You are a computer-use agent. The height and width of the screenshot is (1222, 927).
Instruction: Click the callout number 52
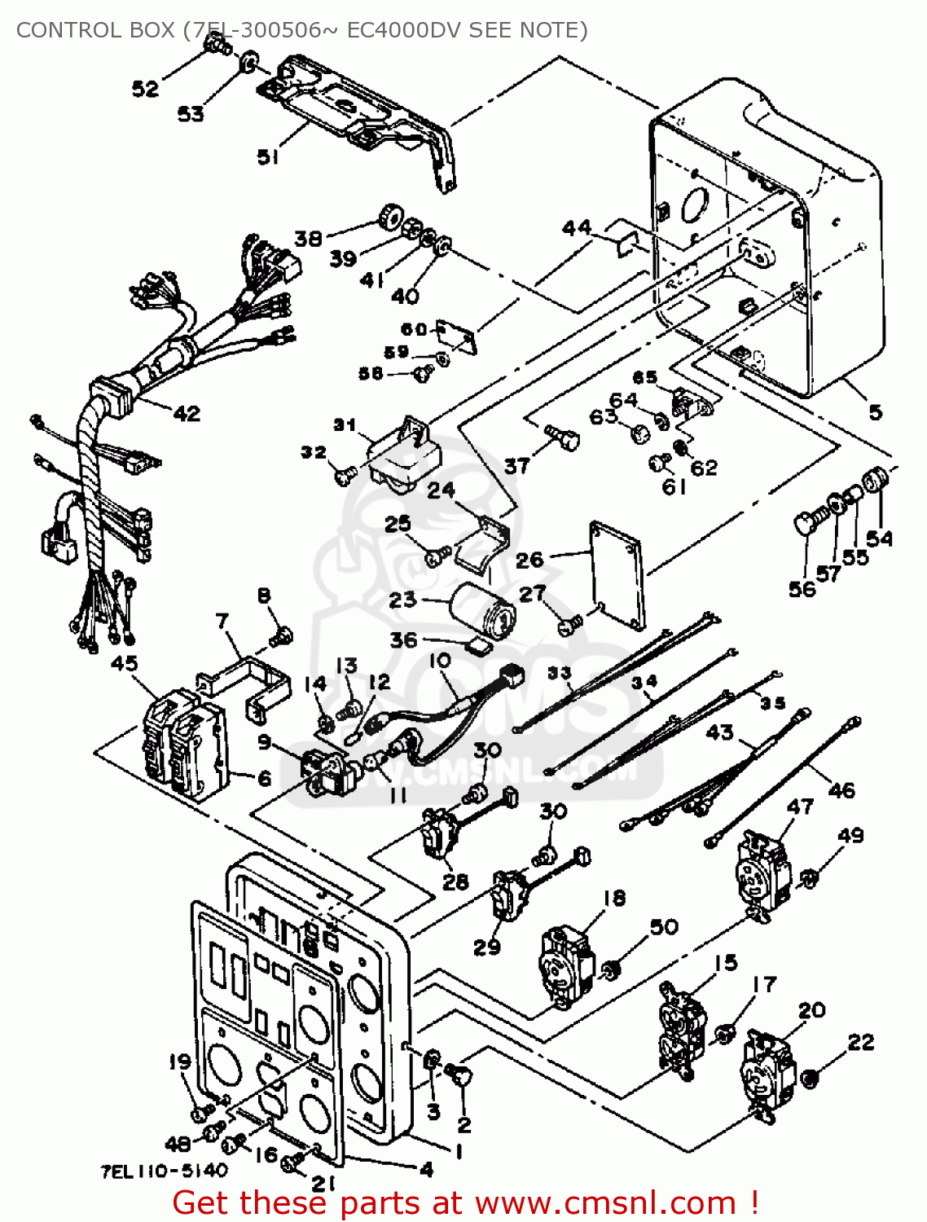pyautogui.click(x=145, y=88)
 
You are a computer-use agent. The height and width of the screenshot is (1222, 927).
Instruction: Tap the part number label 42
pyautogui.click(x=187, y=414)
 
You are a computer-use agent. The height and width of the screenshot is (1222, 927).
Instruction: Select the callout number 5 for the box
pyautogui.click(x=875, y=412)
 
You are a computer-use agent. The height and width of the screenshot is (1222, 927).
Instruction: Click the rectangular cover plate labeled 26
pyautogui.click(x=617, y=574)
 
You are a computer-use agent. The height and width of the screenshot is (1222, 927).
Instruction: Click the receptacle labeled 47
pyautogui.click(x=763, y=871)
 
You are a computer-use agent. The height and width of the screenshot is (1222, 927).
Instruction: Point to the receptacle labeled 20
pyautogui.click(x=767, y=1074)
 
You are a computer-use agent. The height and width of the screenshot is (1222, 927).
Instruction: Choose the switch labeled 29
pyautogui.click(x=507, y=895)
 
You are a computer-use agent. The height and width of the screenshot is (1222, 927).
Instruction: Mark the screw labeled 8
pyautogui.click(x=283, y=635)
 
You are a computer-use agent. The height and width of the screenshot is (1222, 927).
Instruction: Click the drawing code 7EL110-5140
pyautogui.click(x=164, y=1171)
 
